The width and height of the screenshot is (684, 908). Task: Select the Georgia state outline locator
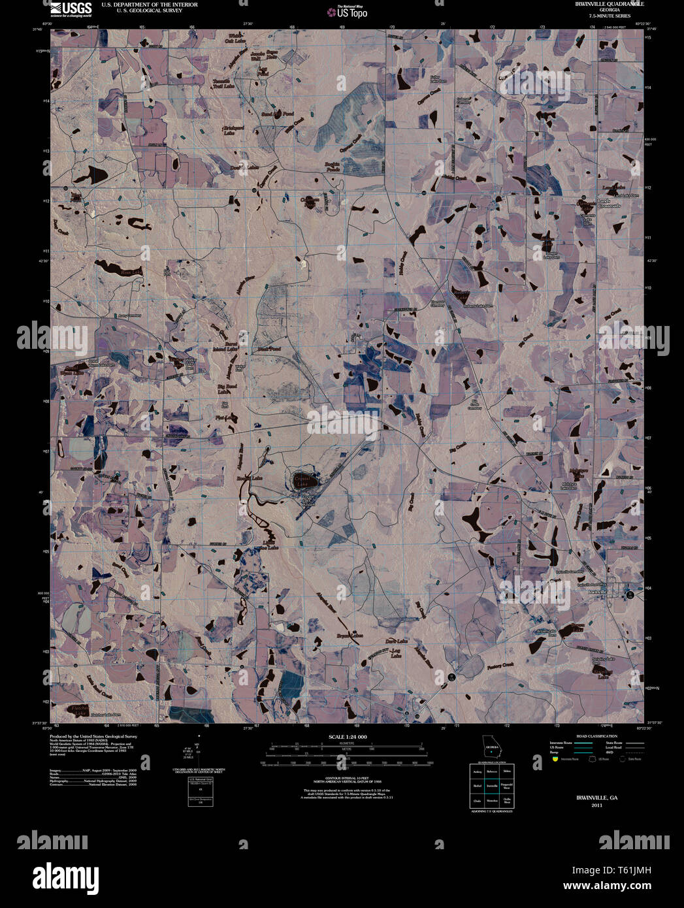pyautogui.click(x=491, y=746)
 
